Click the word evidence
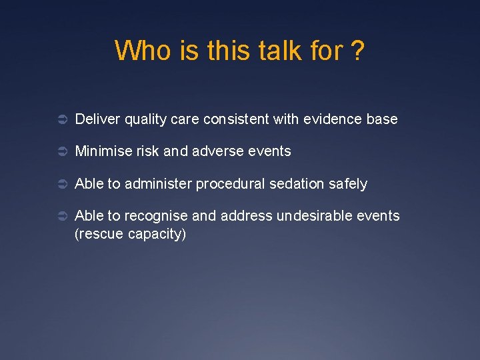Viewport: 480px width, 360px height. [x=332, y=119]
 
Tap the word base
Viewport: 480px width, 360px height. [x=382, y=119]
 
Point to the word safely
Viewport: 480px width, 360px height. [x=347, y=184]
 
